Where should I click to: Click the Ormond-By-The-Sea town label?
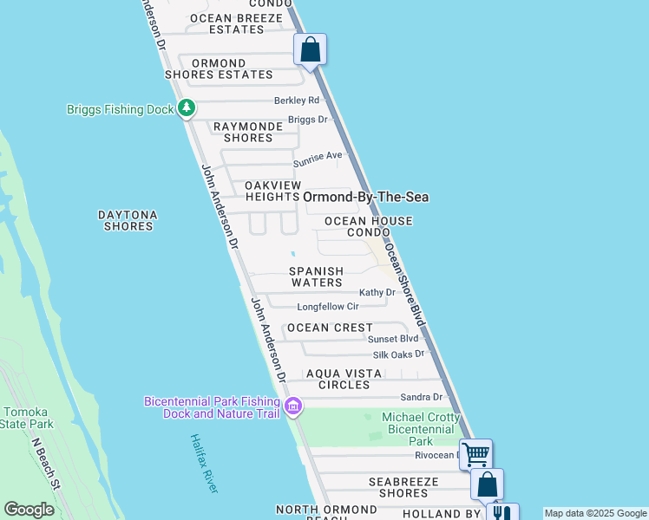(x=365, y=197)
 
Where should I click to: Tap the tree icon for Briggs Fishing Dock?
(x=186, y=108)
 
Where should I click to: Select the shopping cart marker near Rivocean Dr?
(x=475, y=453)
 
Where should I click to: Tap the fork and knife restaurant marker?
(x=501, y=512)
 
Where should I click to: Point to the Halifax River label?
(x=204, y=464)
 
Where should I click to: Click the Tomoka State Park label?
(x=28, y=418)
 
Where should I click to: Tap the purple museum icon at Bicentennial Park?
(x=293, y=406)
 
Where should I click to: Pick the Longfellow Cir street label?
(x=328, y=307)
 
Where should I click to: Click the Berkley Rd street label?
(x=297, y=101)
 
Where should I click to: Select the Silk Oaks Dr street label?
(x=397, y=354)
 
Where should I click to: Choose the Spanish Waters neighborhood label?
(x=317, y=276)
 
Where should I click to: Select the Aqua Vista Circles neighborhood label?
(x=344, y=379)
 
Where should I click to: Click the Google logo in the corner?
(x=29, y=510)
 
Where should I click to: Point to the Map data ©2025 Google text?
(x=594, y=513)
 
